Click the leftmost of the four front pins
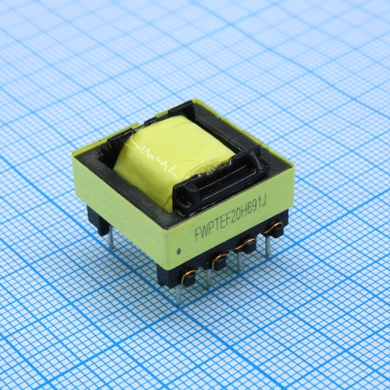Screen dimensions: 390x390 [x=178, y=290]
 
